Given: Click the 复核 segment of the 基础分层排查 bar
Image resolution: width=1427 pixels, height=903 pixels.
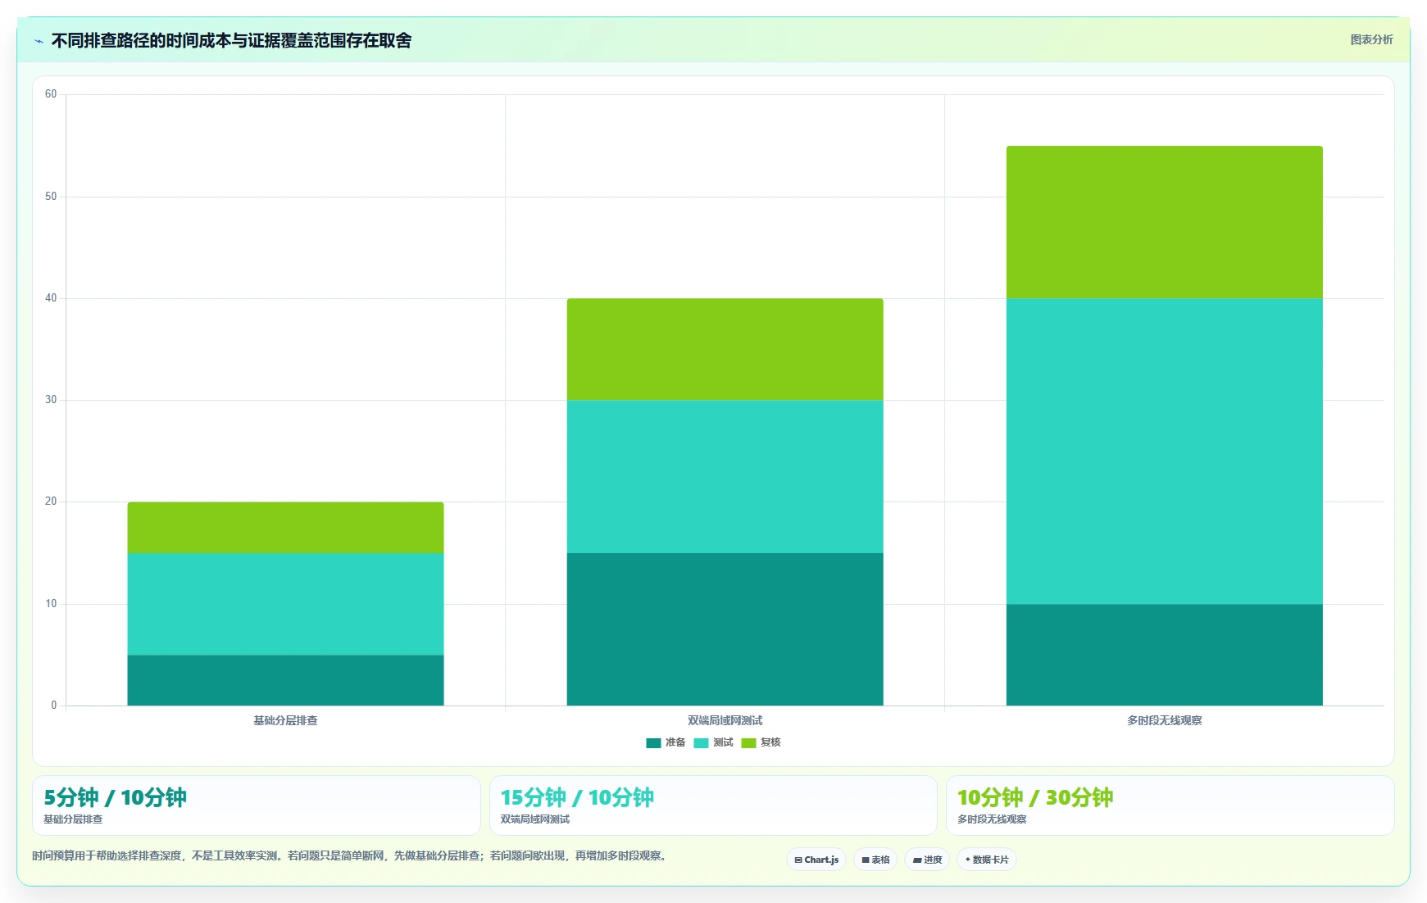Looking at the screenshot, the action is coord(285,528).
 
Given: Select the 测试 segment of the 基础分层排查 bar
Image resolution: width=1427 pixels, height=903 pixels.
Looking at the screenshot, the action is coord(285,604).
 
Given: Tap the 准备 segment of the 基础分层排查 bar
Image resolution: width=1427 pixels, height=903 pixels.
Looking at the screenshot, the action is coord(285,680).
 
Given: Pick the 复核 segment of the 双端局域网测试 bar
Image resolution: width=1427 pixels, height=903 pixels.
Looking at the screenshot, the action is coord(725,349).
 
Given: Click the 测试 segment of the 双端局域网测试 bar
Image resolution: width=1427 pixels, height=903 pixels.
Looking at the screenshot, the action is coord(725,476).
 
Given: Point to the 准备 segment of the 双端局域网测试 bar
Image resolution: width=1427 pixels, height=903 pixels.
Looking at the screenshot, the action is coord(725,629).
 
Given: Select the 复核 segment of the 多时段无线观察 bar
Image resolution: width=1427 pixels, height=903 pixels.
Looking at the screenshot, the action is coord(1164,222).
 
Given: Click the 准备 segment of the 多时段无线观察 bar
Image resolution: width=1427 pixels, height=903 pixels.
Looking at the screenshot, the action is coord(1164,655).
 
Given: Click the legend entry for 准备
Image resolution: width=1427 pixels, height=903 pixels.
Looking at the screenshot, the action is coord(666,742).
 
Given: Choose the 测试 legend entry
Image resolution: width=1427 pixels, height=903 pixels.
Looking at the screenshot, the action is coord(713,742).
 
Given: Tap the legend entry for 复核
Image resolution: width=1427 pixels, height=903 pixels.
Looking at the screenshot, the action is coord(761,742).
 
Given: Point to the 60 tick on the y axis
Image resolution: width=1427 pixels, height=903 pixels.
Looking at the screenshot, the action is coord(51,94).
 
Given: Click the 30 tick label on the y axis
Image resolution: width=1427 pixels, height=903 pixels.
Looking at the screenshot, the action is coord(51,400).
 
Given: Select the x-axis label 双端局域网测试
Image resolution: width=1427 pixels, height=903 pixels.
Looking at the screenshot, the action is coord(725,720).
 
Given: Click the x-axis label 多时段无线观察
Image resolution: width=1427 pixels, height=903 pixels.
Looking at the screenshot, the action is coord(1164,720).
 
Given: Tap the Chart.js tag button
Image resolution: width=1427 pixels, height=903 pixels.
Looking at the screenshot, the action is coord(816,860).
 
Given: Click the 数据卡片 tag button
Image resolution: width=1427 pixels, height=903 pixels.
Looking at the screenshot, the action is coord(987,860).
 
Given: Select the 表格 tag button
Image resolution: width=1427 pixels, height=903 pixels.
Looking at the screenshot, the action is coord(875,860).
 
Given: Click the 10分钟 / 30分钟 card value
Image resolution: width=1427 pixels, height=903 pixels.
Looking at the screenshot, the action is coord(1035,797).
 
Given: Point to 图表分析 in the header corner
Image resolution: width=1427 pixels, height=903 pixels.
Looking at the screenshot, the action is coord(1371,39).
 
